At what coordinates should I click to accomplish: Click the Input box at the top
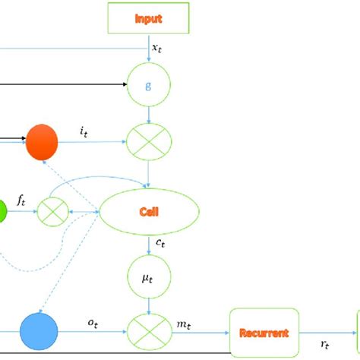(x=148, y=19)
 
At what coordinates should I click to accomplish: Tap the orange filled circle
(x=42, y=142)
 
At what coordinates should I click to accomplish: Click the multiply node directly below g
(x=149, y=142)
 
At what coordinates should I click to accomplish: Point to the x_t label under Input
(x=156, y=48)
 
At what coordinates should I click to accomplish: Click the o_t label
(x=91, y=323)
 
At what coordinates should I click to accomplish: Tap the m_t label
(x=185, y=323)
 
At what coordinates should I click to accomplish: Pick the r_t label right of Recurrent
(x=325, y=343)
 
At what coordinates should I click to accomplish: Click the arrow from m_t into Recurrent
(x=220, y=332)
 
